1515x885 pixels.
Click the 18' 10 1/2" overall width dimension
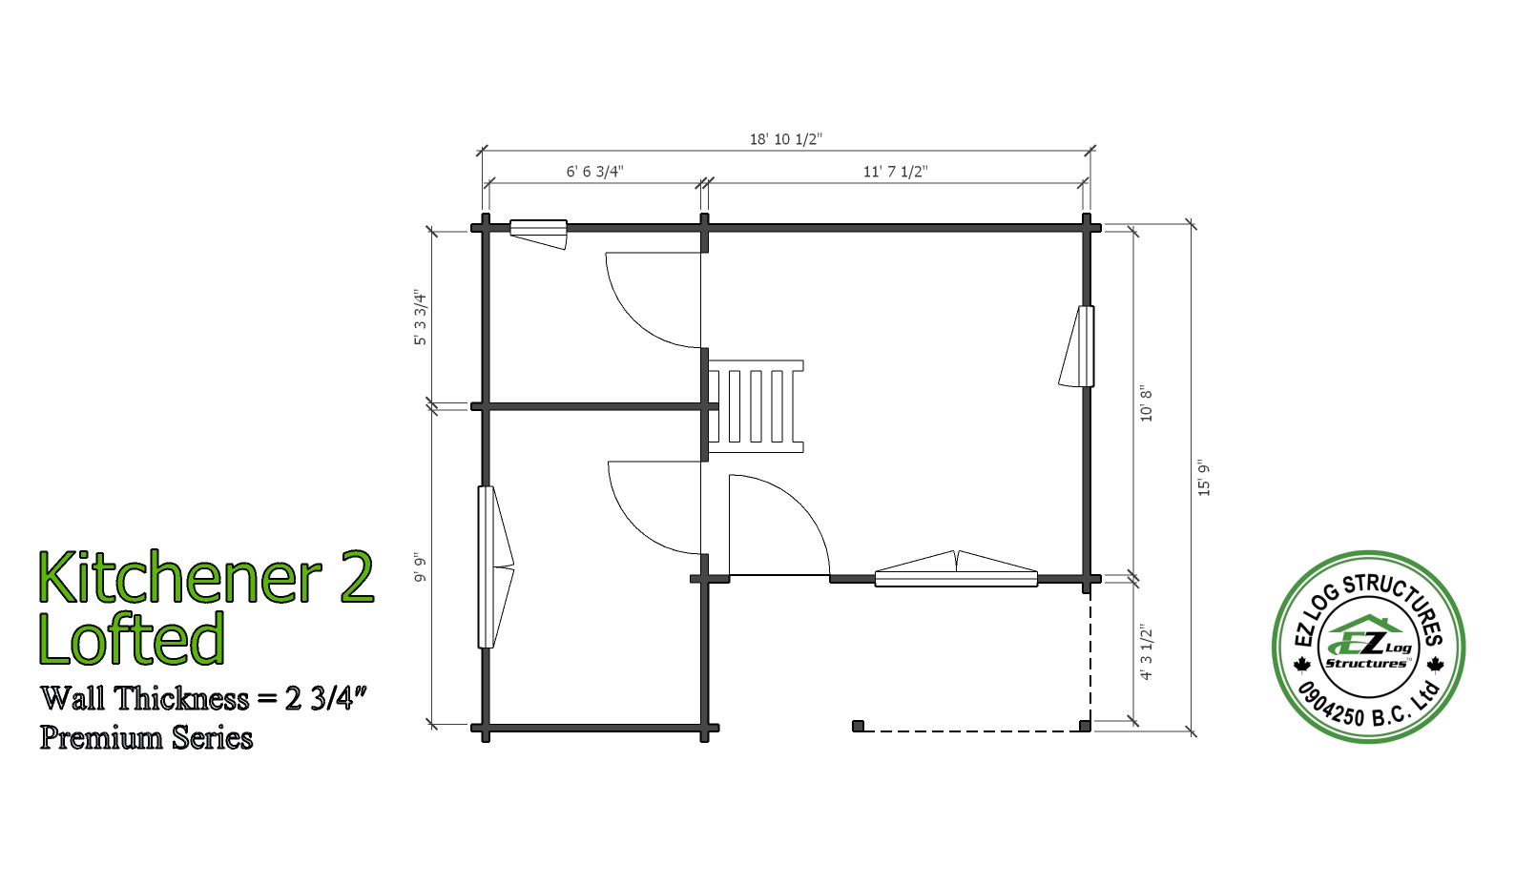tap(786, 139)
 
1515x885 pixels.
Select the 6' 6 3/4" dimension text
tap(595, 172)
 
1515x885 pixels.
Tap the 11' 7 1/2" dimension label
tap(896, 172)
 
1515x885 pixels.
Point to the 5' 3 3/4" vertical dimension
tap(421, 319)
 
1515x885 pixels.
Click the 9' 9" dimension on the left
tap(421, 569)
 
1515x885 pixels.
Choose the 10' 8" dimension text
tap(1146, 405)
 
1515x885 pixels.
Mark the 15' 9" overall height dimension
tap(1203, 480)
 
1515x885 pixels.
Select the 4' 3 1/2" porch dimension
tap(1146, 652)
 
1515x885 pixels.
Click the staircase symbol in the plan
tap(756, 406)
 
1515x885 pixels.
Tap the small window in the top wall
tap(538, 234)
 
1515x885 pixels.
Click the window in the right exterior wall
tap(1077, 346)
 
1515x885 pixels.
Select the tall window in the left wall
tap(496, 567)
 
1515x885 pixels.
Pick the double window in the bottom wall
tap(956, 569)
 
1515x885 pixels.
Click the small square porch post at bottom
tap(859, 726)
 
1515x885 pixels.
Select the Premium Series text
tap(146, 737)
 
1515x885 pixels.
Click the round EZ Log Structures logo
tap(1369, 647)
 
